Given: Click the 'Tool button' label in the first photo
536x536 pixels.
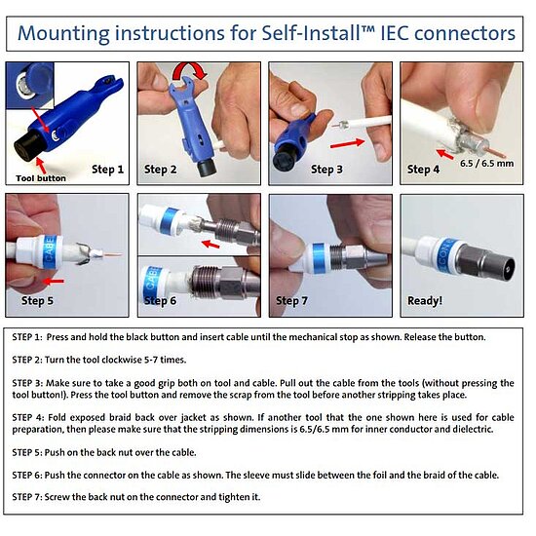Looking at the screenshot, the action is click(41, 178).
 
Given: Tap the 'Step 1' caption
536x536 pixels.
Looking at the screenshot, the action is click(107, 170).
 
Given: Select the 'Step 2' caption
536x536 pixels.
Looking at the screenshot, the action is click(161, 170).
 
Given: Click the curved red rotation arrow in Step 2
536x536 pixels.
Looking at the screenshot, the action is click(191, 68).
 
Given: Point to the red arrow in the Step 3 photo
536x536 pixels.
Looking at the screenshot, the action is click(347, 143).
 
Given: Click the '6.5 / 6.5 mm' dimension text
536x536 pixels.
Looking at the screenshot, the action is click(486, 164).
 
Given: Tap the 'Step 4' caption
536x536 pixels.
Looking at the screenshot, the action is click(423, 170).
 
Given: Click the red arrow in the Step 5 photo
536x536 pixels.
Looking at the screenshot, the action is click(54, 282).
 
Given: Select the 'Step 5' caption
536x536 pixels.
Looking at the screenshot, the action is click(37, 301).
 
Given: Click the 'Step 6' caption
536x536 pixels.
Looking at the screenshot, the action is click(160, 301).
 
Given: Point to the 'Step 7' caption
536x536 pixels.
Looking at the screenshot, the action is click(291, 301).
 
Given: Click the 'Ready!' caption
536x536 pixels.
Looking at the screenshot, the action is click(425, 301).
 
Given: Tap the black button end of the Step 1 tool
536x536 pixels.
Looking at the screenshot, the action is click(28, 146).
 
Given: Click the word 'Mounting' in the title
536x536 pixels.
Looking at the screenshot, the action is click(63, 33).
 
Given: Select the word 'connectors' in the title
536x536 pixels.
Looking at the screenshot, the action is click(465, 33).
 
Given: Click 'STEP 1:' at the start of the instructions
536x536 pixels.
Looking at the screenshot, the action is click(27, 337).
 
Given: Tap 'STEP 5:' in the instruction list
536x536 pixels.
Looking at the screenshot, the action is click(27, 452).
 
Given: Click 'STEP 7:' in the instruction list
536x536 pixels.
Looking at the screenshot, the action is click(27, 497).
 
